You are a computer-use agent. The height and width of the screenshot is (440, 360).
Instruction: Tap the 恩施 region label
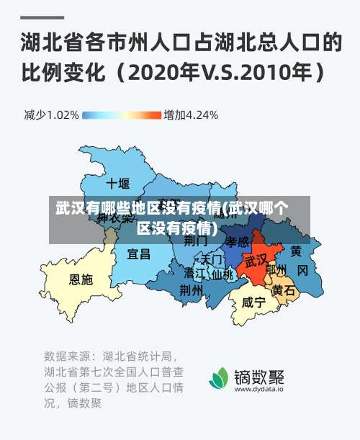(x=81, y=279)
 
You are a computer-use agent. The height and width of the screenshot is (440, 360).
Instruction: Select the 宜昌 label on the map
(x=138, y=253)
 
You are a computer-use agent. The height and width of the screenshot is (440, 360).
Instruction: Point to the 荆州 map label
(x=191, y=289)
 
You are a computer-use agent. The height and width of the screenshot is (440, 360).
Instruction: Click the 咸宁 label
(x=253, y=302)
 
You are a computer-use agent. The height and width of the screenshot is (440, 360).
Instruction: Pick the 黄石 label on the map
(x=283, y=290)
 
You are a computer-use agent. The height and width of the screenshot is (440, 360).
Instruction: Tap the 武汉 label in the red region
(x=256, y=260)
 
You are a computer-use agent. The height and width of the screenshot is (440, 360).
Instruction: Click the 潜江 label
(x=194, y=274)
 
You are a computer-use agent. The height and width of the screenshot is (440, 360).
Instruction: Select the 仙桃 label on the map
(x=222, y=274)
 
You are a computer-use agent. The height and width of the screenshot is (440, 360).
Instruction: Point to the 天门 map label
(x=212, y=259)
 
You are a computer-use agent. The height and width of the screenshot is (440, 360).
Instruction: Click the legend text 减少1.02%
(x=51, y=115)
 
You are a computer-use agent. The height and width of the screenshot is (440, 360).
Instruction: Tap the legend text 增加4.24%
(x=191, y=115)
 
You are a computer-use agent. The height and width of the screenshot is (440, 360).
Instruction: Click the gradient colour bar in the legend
(x=122, y=115)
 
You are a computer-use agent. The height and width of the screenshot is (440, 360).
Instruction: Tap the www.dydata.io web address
(x=259, y=389)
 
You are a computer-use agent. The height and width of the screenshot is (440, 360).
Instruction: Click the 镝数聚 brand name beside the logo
(x=259, y=375)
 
